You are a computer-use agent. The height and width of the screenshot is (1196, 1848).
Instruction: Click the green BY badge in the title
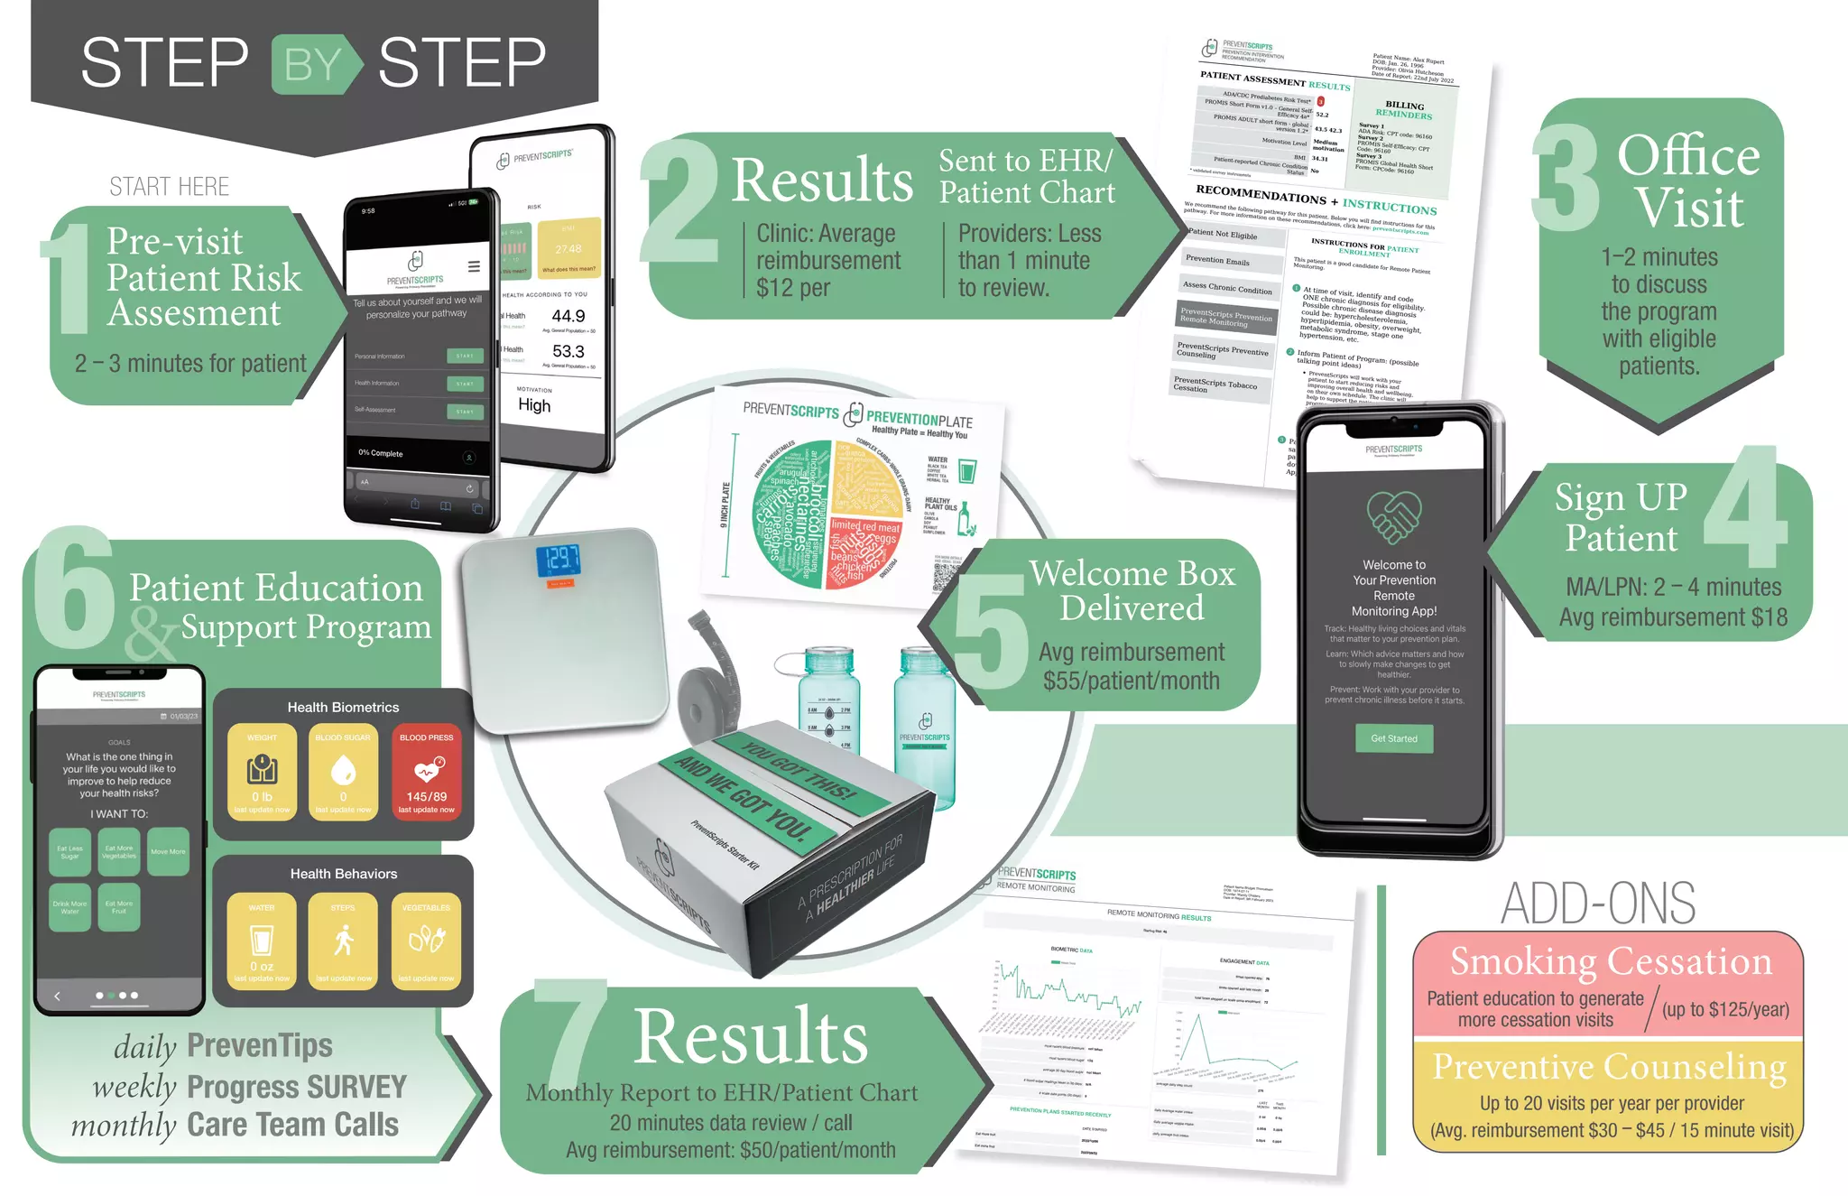pyautogui.click(x=314, y=64)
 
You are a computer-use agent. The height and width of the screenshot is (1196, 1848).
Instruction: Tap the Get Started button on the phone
pyautogui.click(x=1394, y=738)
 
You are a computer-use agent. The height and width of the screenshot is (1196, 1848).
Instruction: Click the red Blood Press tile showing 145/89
pyautogui.click(x=426, y=772)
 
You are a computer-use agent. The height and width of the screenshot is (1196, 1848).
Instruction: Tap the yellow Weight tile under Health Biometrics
pyautogui.click(x=262, y=772)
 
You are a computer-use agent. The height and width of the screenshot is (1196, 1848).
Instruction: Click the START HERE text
pyautogui.click(x=169, y=187)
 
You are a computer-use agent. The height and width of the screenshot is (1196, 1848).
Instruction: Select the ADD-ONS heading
pyautogui.click(x=1597, y=903)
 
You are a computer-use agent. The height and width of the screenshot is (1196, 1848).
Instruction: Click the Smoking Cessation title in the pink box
pyautogui.click(x=1611, y=961)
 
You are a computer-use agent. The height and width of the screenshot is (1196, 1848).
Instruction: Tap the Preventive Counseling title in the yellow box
pyautogui.click(x=1609, y=1066)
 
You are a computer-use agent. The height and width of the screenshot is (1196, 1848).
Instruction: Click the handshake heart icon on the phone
pyautogui.click(x=1394, y=515)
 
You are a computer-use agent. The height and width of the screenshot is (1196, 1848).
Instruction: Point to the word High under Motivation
pyautogui.click(x=534, y=405)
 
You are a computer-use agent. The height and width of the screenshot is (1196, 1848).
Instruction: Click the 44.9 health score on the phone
pyautogui.click(x=568, y=316)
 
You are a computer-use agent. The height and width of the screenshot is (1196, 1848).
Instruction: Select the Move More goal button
pyautogui.click(x=168, y=851)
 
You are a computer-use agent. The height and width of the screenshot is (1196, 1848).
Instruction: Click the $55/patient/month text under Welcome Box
pyautogui.click(x=1131, y=681)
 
